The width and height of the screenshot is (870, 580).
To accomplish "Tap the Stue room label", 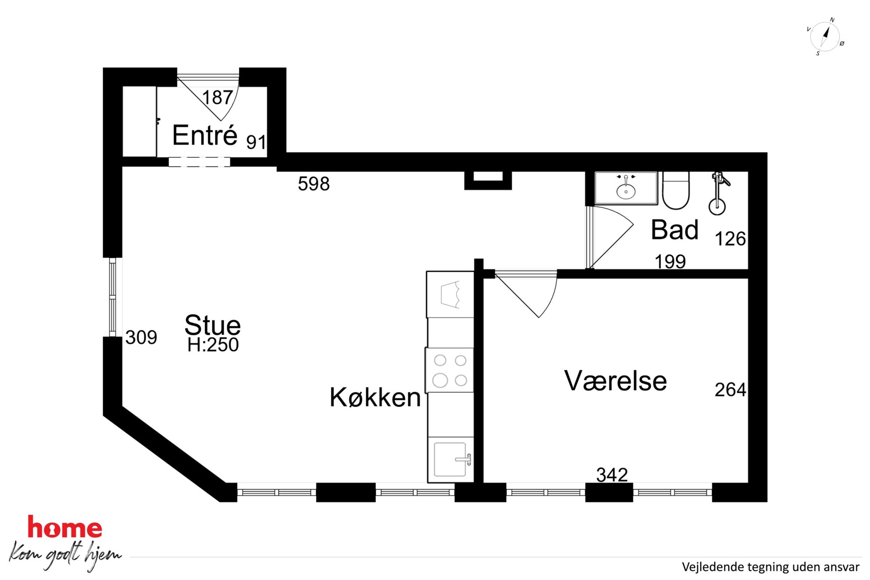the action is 213,325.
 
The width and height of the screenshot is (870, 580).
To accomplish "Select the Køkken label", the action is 375,397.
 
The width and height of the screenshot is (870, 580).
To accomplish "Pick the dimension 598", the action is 314,184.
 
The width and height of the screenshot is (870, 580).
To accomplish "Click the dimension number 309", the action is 141,337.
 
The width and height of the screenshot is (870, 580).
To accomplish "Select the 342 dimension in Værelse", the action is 612,474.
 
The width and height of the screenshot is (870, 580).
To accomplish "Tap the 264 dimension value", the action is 731,389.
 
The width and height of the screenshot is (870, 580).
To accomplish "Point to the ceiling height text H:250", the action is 213,345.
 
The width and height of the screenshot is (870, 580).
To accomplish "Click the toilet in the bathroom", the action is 676,190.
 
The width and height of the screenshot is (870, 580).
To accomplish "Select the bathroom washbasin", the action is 626,188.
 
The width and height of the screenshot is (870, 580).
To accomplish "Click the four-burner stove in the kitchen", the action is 450,370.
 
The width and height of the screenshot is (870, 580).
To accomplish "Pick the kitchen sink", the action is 451,459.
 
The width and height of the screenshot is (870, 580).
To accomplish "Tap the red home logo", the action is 65,527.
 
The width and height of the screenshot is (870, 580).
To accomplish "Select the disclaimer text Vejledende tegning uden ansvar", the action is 770,567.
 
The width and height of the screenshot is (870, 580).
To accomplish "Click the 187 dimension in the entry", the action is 217,97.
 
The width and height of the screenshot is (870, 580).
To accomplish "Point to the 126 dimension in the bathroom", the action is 731,239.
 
